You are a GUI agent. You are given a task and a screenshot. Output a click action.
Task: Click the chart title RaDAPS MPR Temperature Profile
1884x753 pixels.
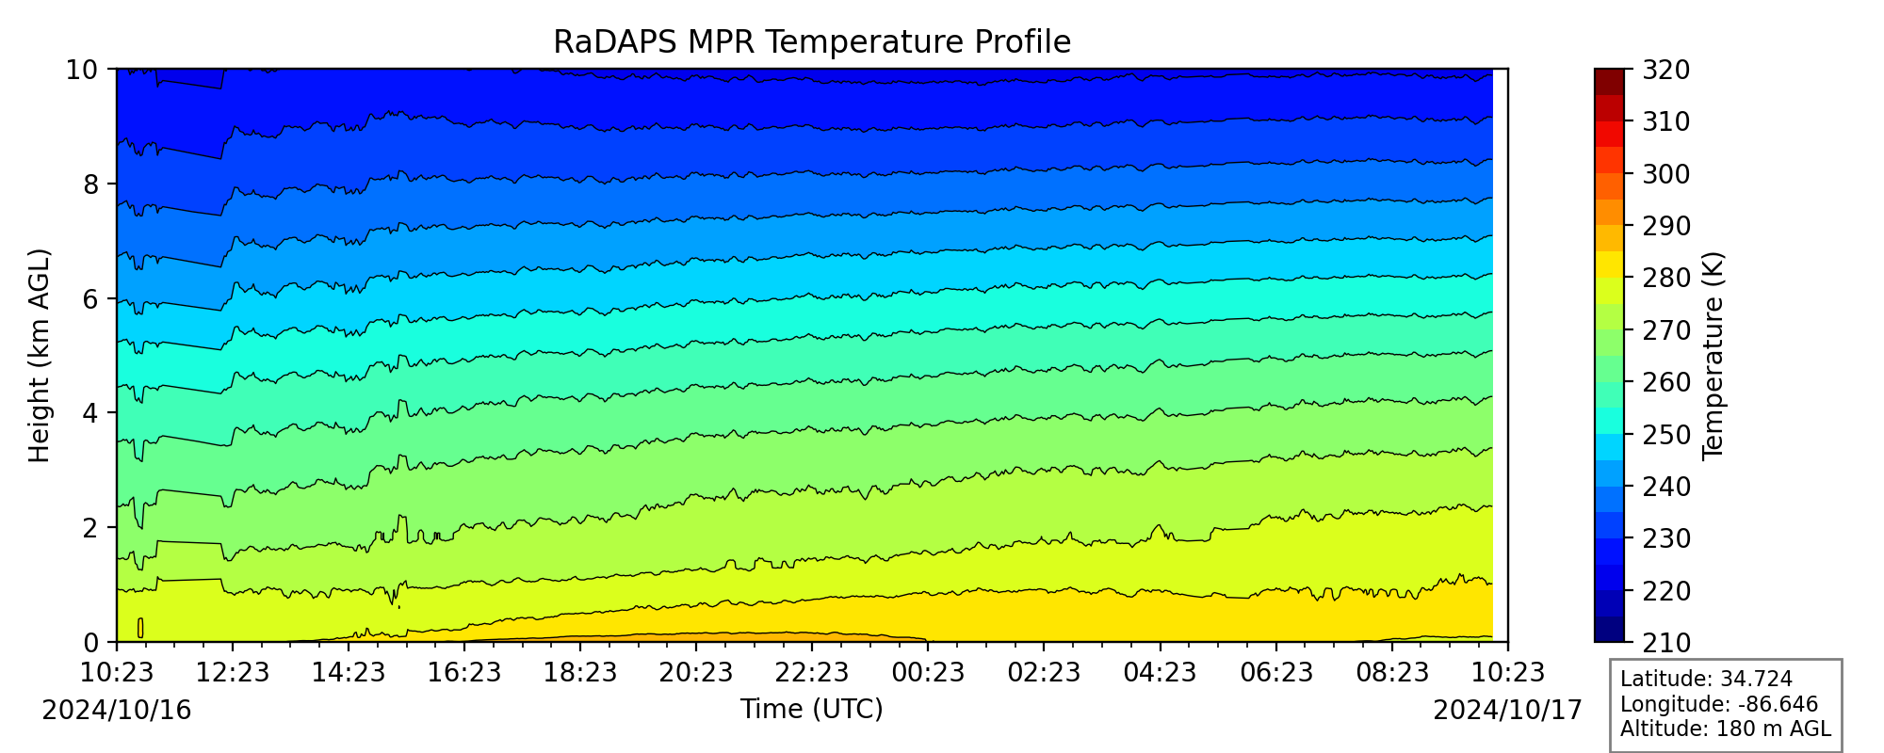tap(812, 42)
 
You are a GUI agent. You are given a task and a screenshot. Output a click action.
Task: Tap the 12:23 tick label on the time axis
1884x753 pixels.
tap(232, 672)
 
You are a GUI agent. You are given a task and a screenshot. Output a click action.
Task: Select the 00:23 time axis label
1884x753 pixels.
tap(928, 672)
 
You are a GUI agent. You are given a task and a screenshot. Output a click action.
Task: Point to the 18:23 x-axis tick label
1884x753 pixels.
tap(580, 672)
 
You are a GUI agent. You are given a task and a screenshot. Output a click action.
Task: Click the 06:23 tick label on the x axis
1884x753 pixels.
tap(1276, 672)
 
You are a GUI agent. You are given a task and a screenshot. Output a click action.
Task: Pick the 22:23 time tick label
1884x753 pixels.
tap(812, 672)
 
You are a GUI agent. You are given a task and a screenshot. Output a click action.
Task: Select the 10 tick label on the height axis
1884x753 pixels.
tap(84, 70)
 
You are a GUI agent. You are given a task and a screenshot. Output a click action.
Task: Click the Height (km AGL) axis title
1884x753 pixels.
tap(39, 356)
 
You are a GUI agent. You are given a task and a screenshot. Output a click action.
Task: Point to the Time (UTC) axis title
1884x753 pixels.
tap(812, 709)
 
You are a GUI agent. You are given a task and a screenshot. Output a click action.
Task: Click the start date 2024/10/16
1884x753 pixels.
tap(117, 711)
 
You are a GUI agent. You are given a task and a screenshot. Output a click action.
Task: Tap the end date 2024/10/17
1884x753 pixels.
tap(1508, 711)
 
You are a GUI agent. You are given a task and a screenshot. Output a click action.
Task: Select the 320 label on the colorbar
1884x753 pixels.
tap(1665, 70)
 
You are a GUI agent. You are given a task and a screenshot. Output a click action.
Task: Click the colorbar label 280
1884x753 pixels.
tap(1665, 279)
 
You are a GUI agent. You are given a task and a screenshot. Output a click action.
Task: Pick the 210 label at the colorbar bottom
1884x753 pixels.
tap(1665, 643)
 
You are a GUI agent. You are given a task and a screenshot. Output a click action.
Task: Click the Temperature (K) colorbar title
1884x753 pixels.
tap(1713, 356)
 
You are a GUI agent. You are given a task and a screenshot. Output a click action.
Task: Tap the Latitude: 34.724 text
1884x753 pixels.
tap(1706, 680)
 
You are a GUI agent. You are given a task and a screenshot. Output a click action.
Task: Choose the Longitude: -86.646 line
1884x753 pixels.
tap(1719, 704)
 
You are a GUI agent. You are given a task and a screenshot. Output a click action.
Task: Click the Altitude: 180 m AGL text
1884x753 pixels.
tap(1726, 729)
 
